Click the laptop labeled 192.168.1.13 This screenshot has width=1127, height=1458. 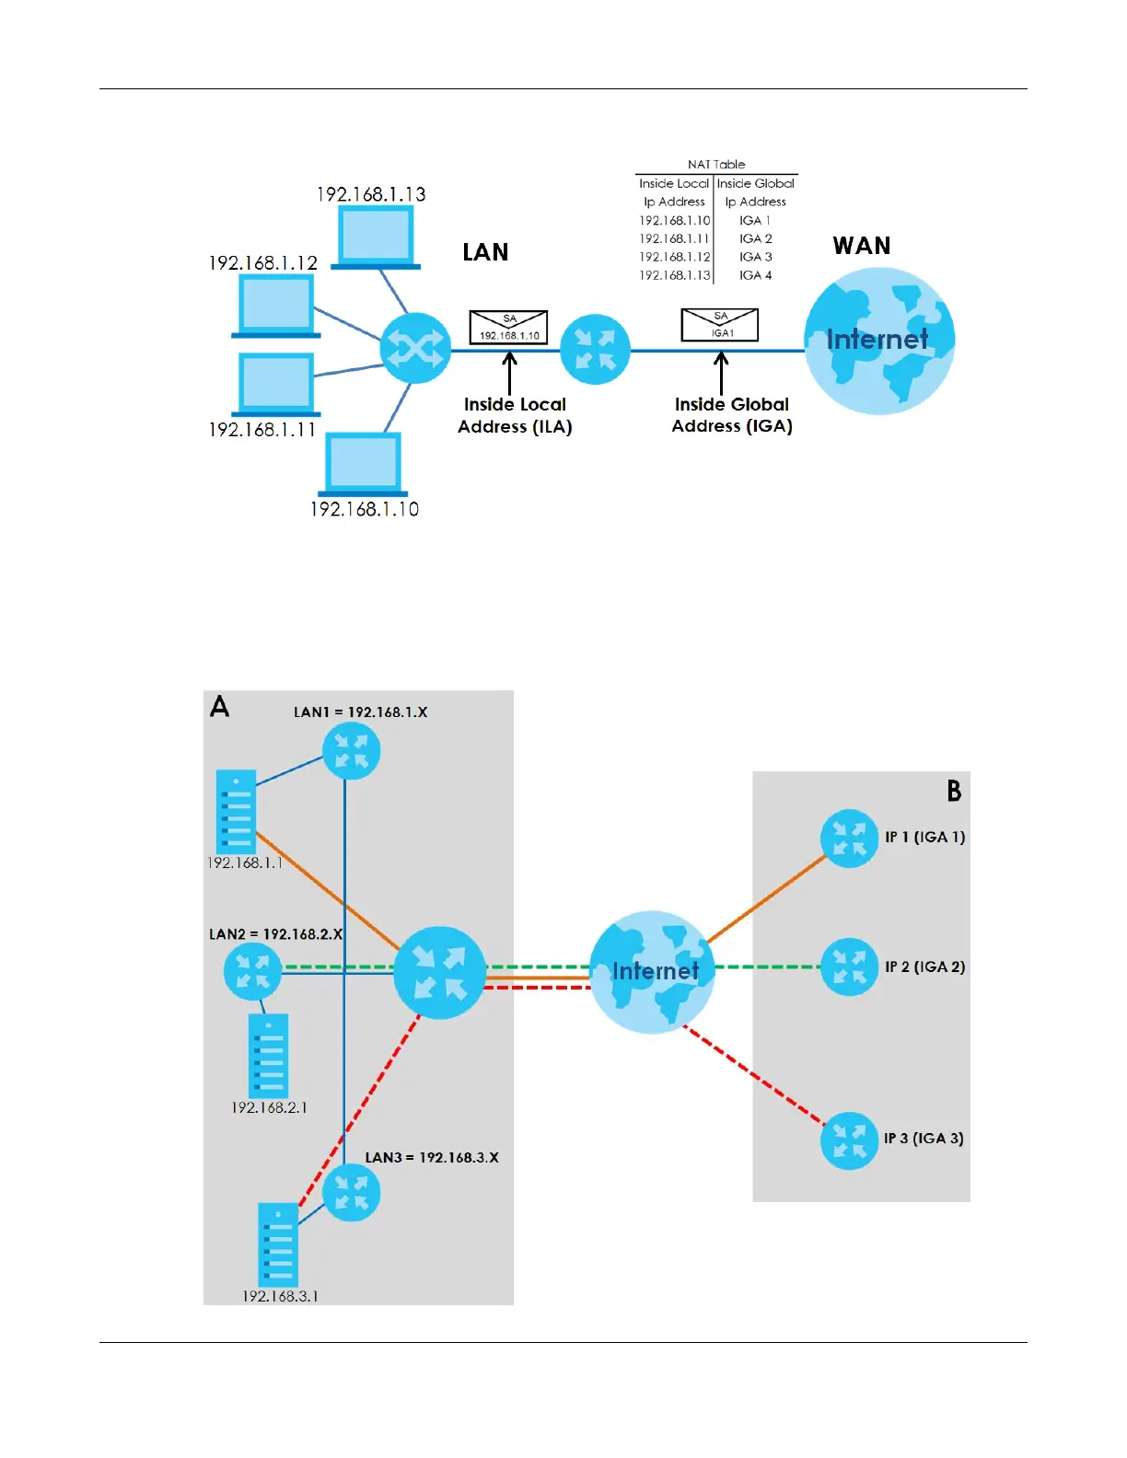click(x=376, y=237)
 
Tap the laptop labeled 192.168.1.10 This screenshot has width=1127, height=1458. click(x=363, y=464)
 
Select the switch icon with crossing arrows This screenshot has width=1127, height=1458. click(x=415, y=348)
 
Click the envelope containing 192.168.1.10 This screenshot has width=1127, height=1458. click(x=509, y=328)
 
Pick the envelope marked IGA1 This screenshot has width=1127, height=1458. click(x=719, y=325)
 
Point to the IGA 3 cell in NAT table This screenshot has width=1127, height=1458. click(x=755, y=257)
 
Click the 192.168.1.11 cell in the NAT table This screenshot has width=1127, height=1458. click(x=674, y=239)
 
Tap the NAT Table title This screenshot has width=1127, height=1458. click(x=716, y=165)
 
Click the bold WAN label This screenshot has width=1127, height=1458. click(x=862, y=246)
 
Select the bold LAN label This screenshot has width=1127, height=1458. click(x=485, y=252)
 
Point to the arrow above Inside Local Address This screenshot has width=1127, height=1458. click(x=509, y=375)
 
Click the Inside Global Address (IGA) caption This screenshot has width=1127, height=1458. click(x=732, y=415)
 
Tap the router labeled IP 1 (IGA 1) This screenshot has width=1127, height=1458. click(x=849, y=838)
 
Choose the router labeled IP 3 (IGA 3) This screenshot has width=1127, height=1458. click(x=849, y=1140)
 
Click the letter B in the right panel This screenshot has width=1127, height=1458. click(x=954, y=791)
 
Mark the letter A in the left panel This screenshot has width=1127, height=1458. click(x=219, y=707)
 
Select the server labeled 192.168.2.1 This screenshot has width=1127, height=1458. click(x=269, y=1056)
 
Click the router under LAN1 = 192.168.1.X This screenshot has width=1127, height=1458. click(x=351, y=751)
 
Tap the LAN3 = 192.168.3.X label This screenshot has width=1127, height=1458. click(x=432, y=1157)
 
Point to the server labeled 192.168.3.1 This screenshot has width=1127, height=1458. click(x=278, y=1244)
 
